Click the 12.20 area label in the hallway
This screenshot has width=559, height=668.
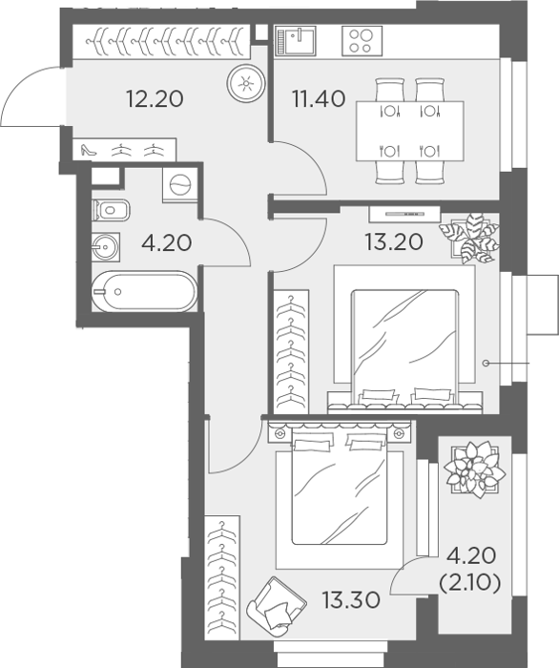pyautogui.click(x=155, y=99)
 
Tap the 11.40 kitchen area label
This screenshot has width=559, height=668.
pyautogui.click(x=319, y=99)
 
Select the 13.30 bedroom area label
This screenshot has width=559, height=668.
pyautogui.click(x=351, y=600)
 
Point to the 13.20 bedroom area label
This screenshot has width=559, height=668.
pyautogui.click(x=394, y=242)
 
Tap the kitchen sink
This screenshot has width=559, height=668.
pyautogui.click(x=296, y=41)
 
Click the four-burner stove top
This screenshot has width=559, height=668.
pyautogui.click(x=362, y=41)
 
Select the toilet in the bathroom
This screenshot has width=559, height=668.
pyautogui.click(x=111, y=210)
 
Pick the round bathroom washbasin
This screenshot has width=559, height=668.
pyautogui.click(x=105, y=247)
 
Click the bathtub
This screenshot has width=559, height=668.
pyautogui.click(x=144, y=292)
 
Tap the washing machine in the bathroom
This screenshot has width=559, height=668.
pyautogui.click(x=180, y=185)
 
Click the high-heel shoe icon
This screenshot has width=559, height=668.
pyautogui.click(x=89, y=150)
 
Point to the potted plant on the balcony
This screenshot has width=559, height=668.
pyautogui.click(x=475, y=470)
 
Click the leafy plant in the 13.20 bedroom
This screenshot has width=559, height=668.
pyautogui.click(x=469, y=238)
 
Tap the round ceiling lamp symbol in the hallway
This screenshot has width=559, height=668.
pyautogui.click(x=246, y=83)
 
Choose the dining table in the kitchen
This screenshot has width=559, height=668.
pyautogui.click(x=409, y=132)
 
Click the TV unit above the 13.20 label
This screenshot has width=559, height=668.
pyautogui.click(x=404, y=214)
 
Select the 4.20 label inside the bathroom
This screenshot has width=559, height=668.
pyautogui.click(x=167, y=243)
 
